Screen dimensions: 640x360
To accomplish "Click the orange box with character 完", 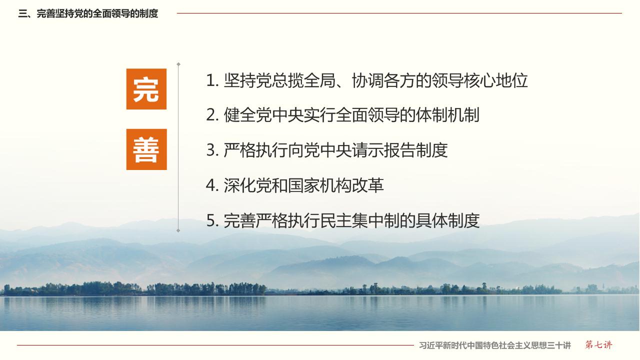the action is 146,89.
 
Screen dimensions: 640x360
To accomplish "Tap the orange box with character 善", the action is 146,149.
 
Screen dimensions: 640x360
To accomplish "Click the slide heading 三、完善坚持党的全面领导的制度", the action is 88,13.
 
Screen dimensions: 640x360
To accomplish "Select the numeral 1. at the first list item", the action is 212,80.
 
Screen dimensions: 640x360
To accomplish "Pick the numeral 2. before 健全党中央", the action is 212,115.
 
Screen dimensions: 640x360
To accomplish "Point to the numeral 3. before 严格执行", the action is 212,150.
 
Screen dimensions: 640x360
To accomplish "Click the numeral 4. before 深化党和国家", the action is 212,185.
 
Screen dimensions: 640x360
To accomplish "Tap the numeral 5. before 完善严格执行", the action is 212,220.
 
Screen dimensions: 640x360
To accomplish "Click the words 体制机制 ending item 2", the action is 447,115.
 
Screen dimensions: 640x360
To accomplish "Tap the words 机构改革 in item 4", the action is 351,185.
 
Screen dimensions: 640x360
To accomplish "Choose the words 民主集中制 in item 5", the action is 359,220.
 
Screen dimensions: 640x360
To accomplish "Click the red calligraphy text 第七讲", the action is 598,345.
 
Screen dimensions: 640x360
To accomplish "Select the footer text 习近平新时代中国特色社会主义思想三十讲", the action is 495,345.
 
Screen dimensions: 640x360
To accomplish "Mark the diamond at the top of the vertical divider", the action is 178,64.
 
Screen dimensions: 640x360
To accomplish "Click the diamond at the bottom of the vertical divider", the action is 178,230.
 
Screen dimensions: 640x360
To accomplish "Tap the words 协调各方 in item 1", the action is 383,80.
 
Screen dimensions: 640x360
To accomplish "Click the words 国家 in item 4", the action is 303,185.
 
